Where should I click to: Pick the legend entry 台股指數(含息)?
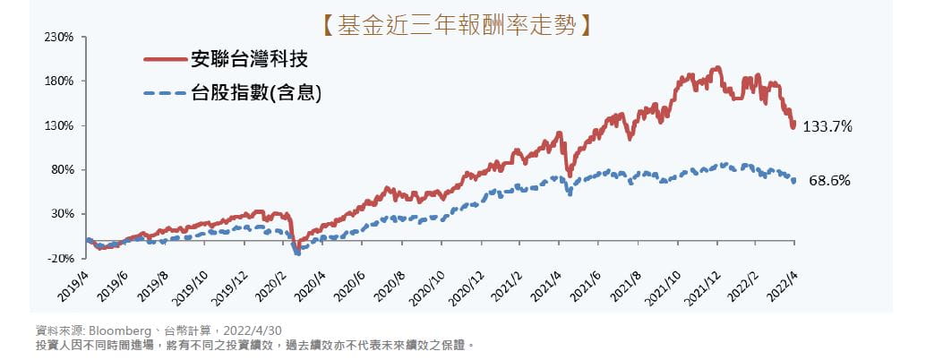point(256,91)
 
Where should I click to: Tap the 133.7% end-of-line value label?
point(827,127)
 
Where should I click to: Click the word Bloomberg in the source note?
point(119,329)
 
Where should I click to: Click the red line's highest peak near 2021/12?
point(716,68)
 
